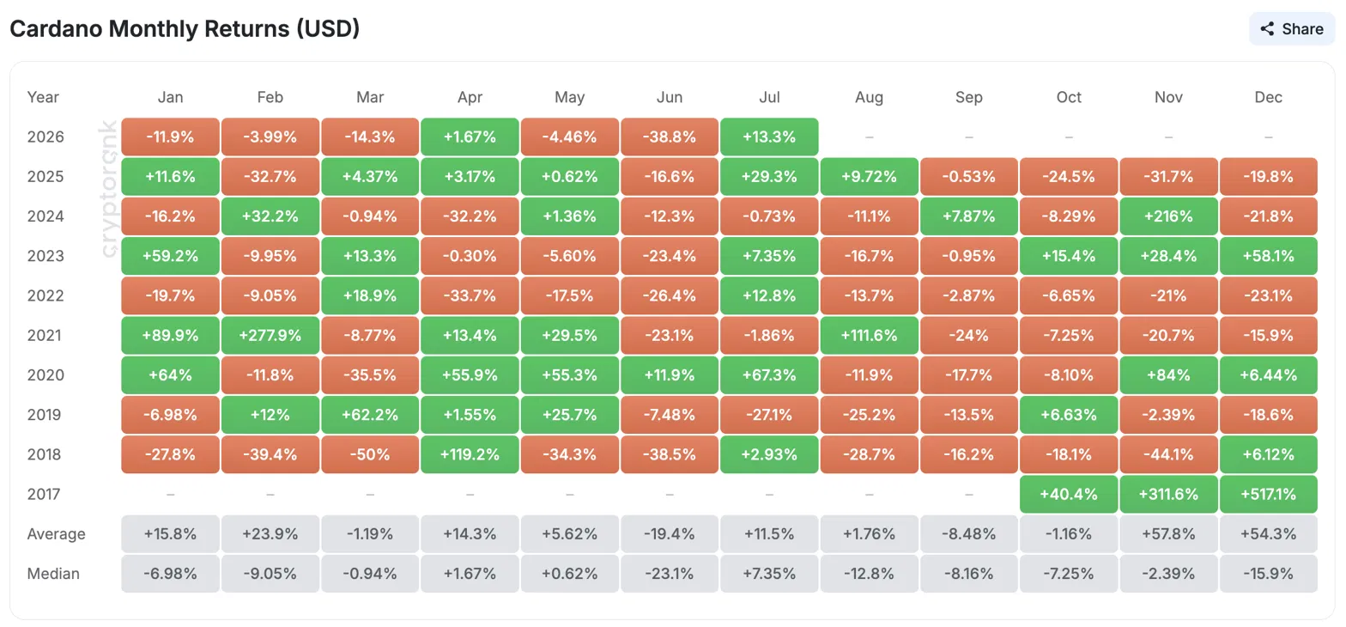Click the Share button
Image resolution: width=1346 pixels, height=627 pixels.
click(x=1292, y=29)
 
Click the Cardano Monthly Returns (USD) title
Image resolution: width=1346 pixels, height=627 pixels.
click(x=185, y=28)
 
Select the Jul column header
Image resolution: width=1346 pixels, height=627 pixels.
click(x=769, y=97)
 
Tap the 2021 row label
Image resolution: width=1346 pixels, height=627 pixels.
click(x=44, y=335)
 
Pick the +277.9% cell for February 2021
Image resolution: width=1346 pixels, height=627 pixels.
click(x=270, y=335)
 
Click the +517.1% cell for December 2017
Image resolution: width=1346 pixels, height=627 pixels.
click(x=1269, y=494)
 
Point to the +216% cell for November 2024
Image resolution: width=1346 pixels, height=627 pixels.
click(x=1169, y=216)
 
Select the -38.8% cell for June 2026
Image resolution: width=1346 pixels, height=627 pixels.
click(x=670, y=137)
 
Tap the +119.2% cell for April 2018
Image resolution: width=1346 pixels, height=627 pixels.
click(x=470, y=454)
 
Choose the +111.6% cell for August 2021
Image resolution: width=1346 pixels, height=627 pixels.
click(x=869, y=335)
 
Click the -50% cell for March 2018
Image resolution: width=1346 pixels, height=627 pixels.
click(x=369, y=454)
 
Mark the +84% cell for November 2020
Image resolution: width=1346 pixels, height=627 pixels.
click(x=1169, y=374)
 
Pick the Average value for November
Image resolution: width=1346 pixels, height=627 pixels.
click(x=1169, y=533)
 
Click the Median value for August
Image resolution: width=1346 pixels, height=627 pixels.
click(x=869, y=573)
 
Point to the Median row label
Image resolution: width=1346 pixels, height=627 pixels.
click(x=53, y=573)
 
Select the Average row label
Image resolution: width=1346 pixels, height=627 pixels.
click(x=56, y=533)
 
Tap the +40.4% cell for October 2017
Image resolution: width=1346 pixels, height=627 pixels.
click(x=1069, y=494)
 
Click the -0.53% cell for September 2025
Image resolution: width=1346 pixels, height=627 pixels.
click(x=968, y=176)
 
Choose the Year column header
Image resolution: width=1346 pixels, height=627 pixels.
click(x=43, y=97)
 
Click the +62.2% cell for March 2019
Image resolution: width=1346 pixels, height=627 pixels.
click(x=369, y=414)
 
